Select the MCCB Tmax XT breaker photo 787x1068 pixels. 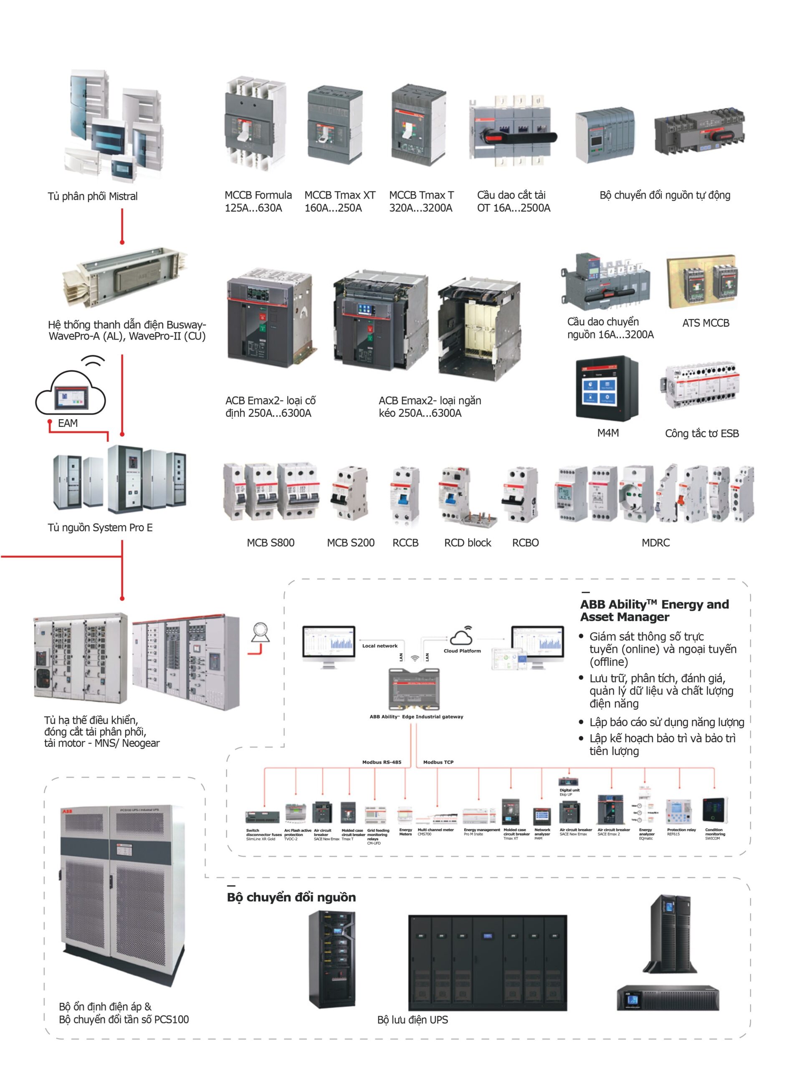(x=334, y=126)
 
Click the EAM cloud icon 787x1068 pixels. (x=71, y=393)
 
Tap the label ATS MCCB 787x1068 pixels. (x=705, y=323)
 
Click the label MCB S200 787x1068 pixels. (x=351, y=543)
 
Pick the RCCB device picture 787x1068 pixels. (x=405, y=495)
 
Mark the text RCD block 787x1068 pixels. (x=467, y=543)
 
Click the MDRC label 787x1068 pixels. (x=655, y=543)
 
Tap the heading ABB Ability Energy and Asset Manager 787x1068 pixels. (x=654, y=611)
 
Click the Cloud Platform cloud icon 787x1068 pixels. (x=461, y=636)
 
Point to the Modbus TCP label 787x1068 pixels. (x=438, y=762)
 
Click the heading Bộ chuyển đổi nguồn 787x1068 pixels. (x=291, y=897)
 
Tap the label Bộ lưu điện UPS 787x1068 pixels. (x=412, y=1020)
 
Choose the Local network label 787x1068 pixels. (x=379, y=646)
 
